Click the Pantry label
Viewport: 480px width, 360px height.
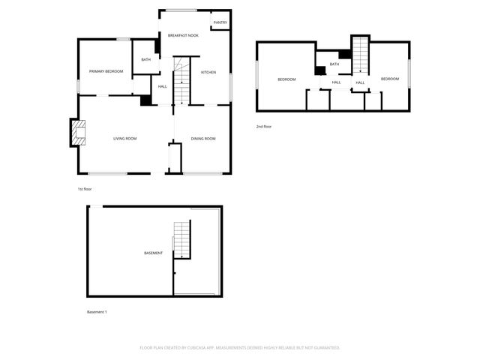(x=220, y=22)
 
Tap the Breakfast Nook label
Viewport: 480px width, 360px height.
(x=183, y=35)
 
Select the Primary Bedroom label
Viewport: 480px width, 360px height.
(x=106, y=71)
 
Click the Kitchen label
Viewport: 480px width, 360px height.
(x=208, y=72)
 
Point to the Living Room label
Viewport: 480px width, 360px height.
(x=124, y=139)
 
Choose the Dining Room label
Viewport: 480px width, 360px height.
(x=203, y=139)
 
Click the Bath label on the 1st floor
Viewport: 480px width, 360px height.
(x=146, y=59)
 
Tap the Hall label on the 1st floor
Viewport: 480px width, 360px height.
(x=163, y=86)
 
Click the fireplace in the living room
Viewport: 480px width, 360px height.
(x=77, y=133)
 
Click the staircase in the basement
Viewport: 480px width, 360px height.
(x=181, y=240)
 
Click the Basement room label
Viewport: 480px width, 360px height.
(x=153, y=253)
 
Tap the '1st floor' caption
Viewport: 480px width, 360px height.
(x=85, y=189)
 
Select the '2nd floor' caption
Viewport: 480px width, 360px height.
(x=264, y=127)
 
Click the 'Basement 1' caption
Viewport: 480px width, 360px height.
(x=97, y=312)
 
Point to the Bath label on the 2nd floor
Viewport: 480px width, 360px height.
(x=334, y=64)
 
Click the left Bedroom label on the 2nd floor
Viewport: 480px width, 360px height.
(x=286, y=79)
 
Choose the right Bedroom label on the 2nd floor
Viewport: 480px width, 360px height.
(x=389, y=79)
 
